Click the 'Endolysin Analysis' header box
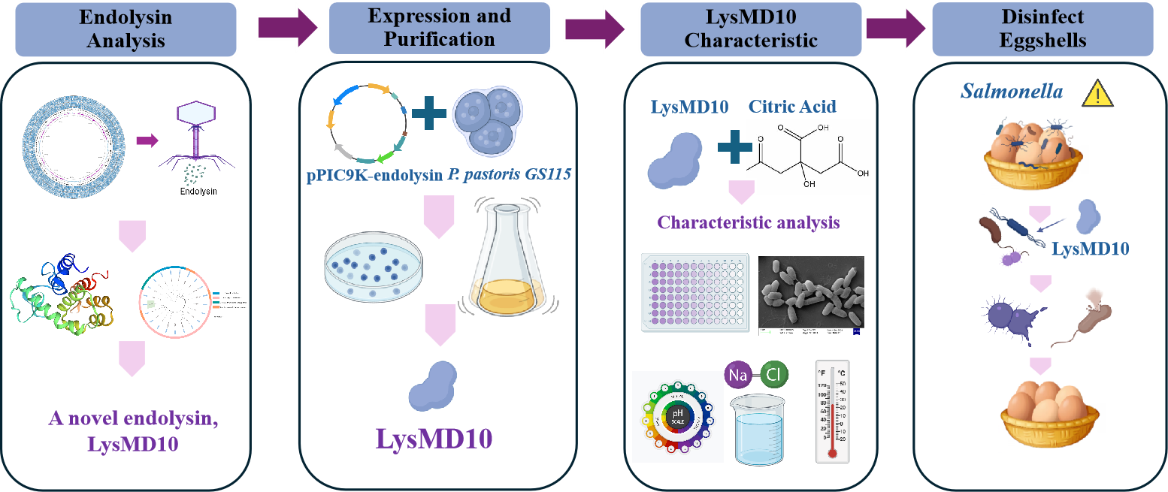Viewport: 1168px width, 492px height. click(x=126, y=29)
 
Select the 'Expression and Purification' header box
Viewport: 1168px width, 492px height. click(x=439, y=28)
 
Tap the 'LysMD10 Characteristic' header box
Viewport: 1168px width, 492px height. click(x=750, y=29)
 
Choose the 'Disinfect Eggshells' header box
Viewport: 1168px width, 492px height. click(x=1042, y=29)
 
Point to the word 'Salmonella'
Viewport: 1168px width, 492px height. click(x=1012, y=92)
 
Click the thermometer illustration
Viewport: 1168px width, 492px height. click(x=832, y=411)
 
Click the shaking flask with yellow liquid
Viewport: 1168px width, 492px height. click(x=506, y=263)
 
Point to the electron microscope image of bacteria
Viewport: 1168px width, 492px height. click(x=811, y=293)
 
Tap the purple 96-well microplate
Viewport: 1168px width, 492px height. click(x=694, y=291)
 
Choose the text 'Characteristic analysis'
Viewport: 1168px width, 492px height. click(x=749, y=222)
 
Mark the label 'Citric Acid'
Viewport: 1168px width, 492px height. click(x=792, y=107)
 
